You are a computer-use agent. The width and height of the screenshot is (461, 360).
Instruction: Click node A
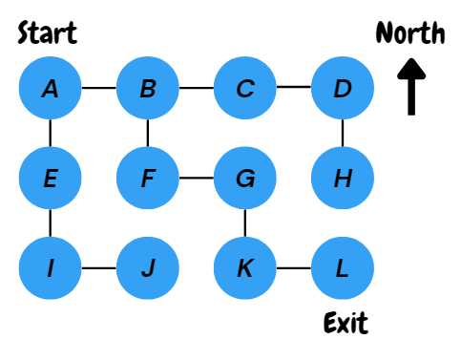pos(50,89)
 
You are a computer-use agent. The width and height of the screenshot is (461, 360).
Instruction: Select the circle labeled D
pos(343,89)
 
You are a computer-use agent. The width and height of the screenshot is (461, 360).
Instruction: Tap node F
pos(147,178)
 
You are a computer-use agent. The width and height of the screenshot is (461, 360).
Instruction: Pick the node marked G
pos(245,178)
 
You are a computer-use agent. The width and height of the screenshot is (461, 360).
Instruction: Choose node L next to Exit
pos(343,267)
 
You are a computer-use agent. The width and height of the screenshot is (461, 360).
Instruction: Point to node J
pos(147,267)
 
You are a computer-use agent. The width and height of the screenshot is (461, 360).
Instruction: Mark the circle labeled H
pos(343,178)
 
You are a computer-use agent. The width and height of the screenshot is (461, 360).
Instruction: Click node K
pos(245,267)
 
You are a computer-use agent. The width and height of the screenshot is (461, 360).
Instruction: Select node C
pos(245,89)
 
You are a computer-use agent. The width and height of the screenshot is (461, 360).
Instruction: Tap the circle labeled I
pos(50,267)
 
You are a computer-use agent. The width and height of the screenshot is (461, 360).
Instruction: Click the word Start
pos(48,34)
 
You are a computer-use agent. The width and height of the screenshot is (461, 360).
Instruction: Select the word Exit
pos(345,322)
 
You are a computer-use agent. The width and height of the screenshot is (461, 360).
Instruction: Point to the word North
pos(410,33)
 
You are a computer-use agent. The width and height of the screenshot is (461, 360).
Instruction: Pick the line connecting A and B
pos(98,89)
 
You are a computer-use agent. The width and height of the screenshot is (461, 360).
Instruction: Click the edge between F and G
pos(196,178)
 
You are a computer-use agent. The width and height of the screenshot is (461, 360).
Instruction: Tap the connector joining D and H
pos(343,134)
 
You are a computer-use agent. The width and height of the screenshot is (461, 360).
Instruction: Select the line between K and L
pos(294,267)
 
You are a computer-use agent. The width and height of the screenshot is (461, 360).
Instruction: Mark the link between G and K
pos(245,222)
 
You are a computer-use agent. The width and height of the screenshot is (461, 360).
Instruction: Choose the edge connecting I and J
pos(98,267)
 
